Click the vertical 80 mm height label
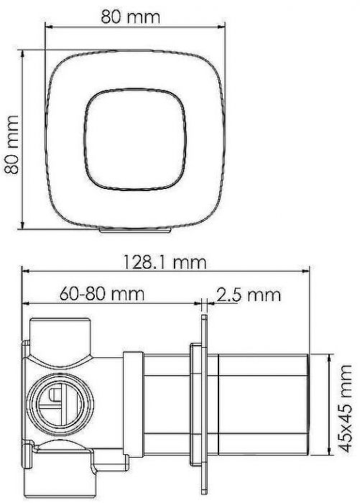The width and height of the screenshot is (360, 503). pos(11,141)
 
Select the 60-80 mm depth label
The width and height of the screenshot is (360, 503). pos(102,294)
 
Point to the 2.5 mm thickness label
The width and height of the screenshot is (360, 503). pos(247,295)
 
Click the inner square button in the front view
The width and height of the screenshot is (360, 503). pos(131,141)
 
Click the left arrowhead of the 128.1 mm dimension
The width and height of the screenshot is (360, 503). pos(25,272)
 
